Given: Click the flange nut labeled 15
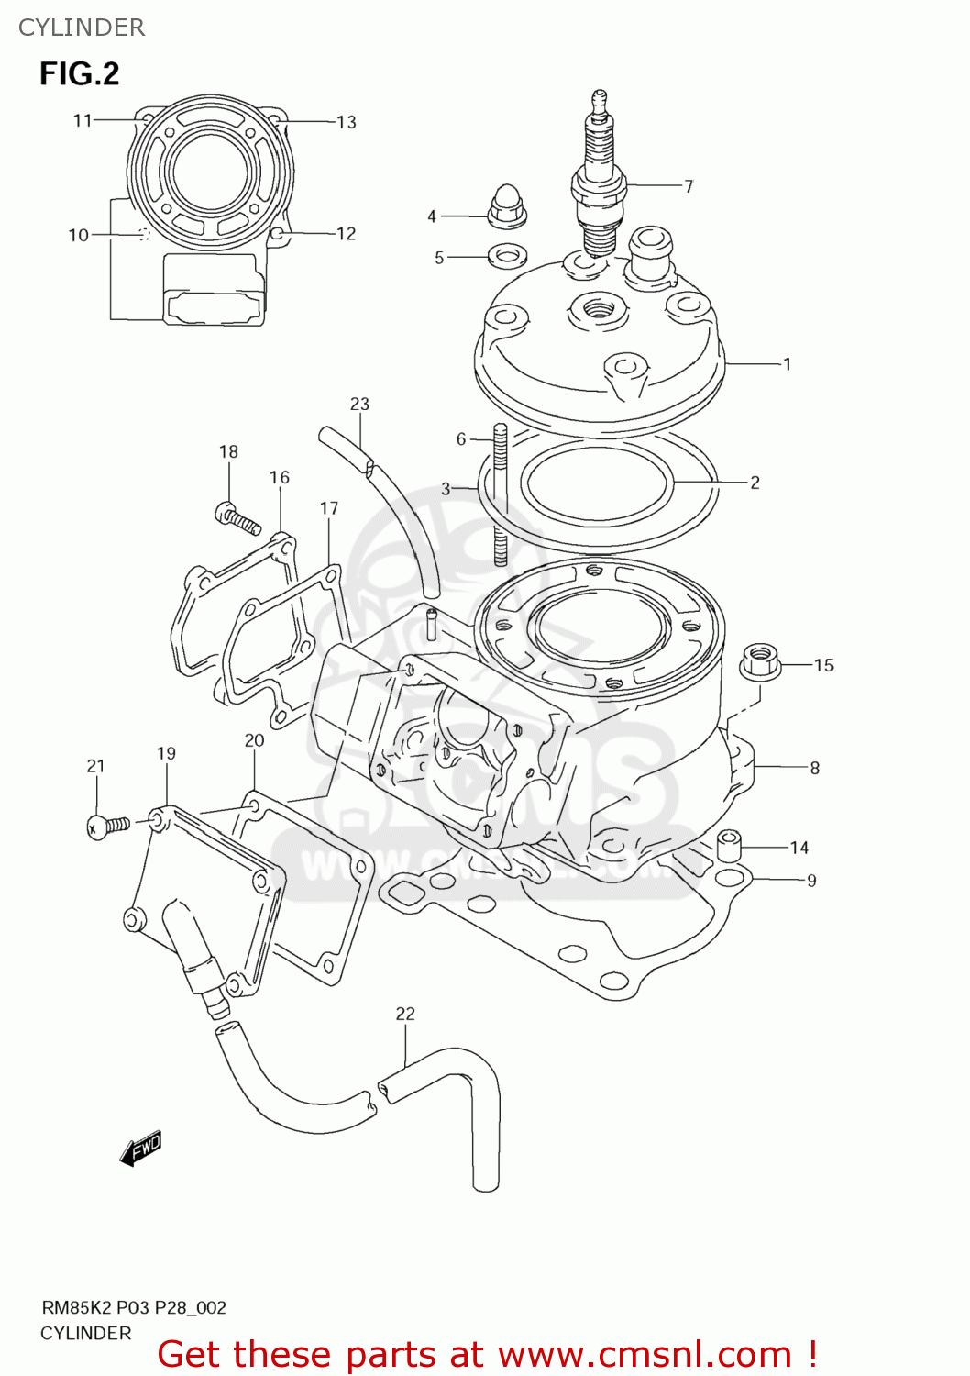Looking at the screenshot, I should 760,660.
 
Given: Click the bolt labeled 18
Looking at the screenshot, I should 237,518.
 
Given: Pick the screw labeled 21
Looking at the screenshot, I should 107,826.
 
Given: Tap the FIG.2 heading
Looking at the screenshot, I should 79,73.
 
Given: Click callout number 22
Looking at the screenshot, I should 405,1014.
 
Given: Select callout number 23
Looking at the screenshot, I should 359,404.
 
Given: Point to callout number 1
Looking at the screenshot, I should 787,364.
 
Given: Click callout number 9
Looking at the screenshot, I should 811,881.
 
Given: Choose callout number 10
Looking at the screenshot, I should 79,235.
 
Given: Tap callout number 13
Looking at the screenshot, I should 347,122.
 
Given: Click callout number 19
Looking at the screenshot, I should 166,753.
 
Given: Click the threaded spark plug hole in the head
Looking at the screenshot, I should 597,307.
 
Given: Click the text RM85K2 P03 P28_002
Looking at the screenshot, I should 133,1308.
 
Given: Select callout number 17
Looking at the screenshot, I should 329,508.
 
